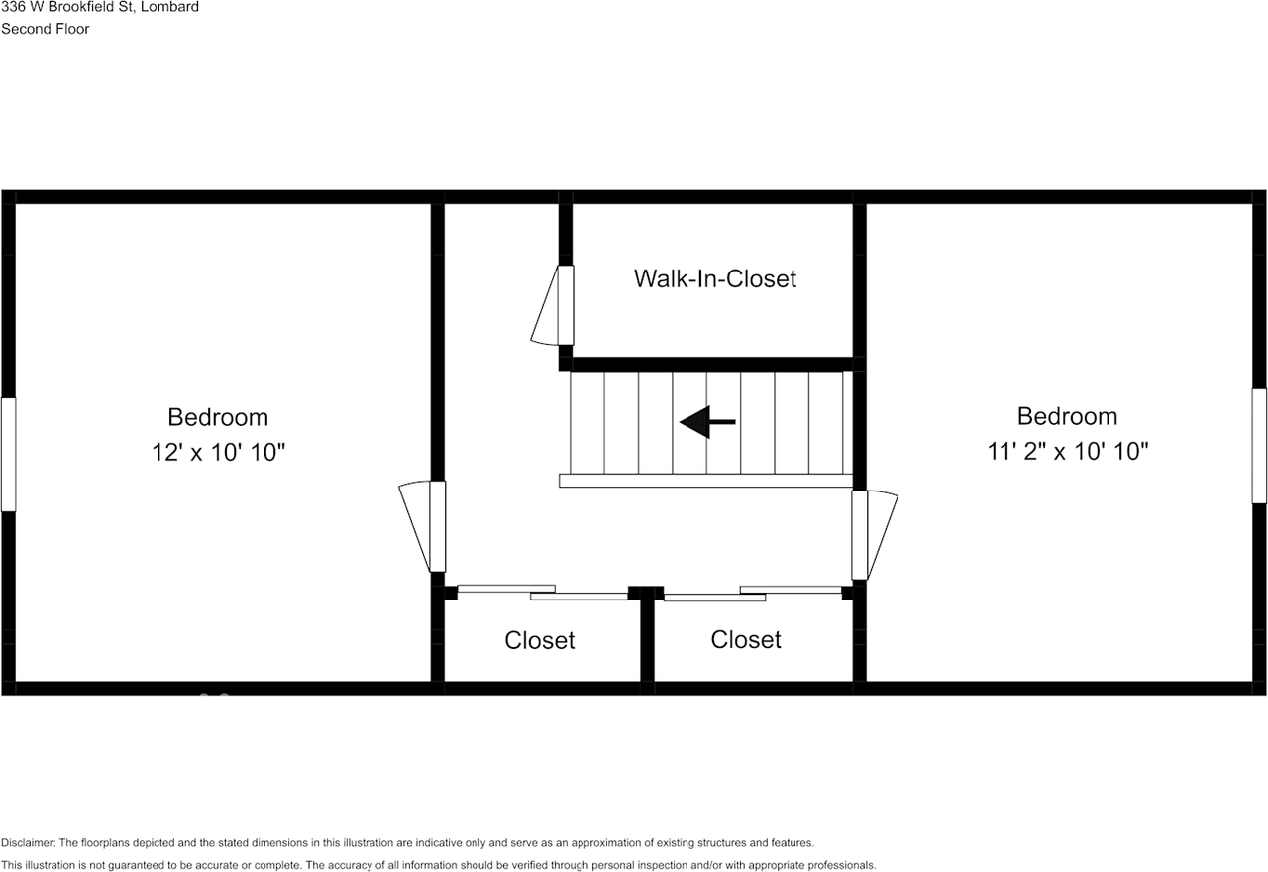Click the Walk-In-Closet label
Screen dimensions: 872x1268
coord(714,278)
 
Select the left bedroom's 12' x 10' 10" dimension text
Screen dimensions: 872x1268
coord(218,453)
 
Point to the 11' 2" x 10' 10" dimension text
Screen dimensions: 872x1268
coord(1067,452)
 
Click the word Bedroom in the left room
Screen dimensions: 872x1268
coord(218,417)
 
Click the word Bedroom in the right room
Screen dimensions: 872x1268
coord(1067,416)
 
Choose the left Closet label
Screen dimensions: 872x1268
coord(539,640)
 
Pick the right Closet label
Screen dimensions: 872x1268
coord(746,639)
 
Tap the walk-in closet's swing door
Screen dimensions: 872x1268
coord(551,305)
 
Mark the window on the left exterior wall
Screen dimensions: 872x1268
coord(8,455)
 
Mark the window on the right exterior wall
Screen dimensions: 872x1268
coord(1259,446)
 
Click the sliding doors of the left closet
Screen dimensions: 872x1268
coord(542,592)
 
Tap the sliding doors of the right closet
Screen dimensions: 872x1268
coord(753,593)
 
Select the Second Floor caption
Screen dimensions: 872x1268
coord(45,29)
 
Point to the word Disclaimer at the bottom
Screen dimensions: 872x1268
coord(29,843)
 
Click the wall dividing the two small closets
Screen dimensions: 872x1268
coord(647,639)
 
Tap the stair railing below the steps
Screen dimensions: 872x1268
coord(705,481)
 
